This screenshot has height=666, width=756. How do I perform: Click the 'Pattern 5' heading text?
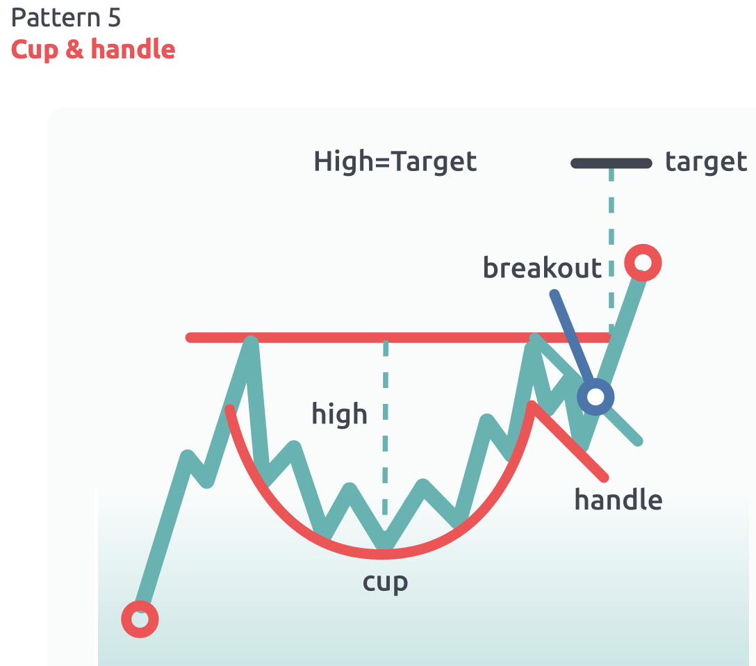(x=66, y=18)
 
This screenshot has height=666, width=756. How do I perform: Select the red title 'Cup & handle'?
(x=93, y=50)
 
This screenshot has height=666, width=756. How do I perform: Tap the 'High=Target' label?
(x=395, y=162)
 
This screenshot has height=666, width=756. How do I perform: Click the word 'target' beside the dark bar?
(x=705, y=162)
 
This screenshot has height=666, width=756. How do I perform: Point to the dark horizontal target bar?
(x=611, y=163)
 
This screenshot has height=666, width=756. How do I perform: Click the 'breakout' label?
(x=542, y=268)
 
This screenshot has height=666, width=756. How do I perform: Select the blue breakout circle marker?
(x=596, y=397)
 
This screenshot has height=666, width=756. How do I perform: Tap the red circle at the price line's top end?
(x=643, y=263)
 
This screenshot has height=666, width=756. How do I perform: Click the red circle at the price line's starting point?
(x=140, y=618)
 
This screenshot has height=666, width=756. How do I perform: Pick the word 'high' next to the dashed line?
(x=339, y=414)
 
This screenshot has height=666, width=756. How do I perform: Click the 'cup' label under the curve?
(x=385, y=582)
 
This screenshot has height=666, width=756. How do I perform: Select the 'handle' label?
(x=618, y=499)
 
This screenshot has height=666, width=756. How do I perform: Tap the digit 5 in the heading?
(x=114, y=18)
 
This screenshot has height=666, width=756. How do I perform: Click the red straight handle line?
(x=570, y=441)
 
